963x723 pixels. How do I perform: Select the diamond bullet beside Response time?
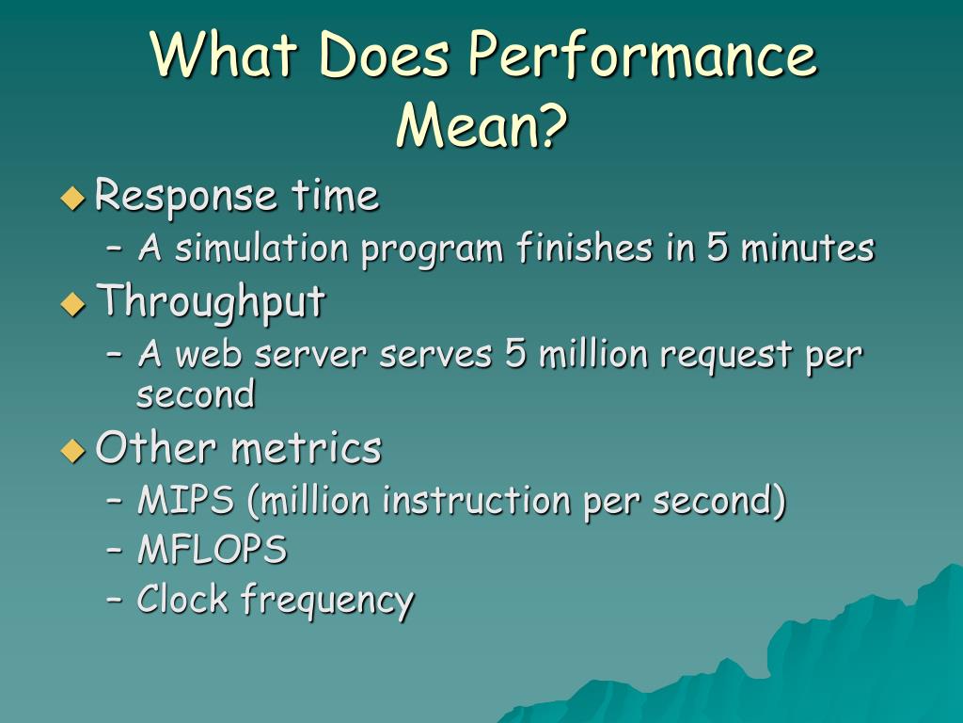[72, 199]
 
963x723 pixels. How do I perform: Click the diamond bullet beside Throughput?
[72, 304]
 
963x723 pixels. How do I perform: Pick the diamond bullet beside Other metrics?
[72, 450]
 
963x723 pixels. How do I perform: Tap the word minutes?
[807, 249]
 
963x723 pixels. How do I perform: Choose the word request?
[725, 357]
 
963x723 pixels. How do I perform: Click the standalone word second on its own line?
[196, 394]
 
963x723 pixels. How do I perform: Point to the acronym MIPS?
[185, 501]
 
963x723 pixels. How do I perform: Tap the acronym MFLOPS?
[212, 550]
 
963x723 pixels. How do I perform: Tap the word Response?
[186, 197]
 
